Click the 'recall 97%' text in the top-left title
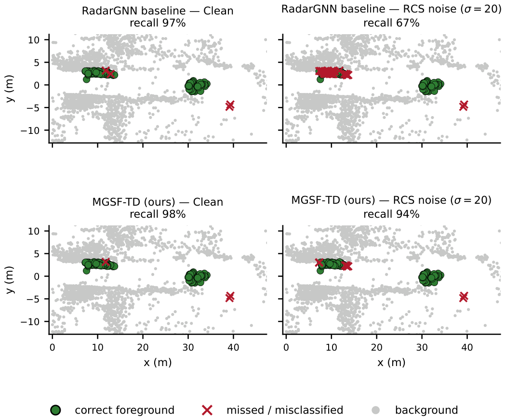(x=158, y=23)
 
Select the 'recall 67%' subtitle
(x=391, y=23)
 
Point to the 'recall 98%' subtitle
(x=158, y=214)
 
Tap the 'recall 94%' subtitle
(x=391, y=214)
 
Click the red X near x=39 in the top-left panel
(x=230, y=105)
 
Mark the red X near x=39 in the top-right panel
(x=464, y=105)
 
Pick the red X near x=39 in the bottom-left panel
(x=230, y=297)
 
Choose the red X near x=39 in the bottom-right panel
(x=464, y=297)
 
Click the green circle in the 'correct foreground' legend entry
(x=56, y=410)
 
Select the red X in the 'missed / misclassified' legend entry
(x=207, y=410)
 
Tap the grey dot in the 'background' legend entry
(x=375, y=410)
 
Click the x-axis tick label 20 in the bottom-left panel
(x=143, y=348)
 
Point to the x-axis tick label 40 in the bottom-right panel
(x=467, y=348)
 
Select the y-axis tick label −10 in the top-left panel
(x=30, y=131)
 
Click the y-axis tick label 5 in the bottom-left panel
(x=37, y=254)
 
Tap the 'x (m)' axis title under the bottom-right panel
(x=391, y=363)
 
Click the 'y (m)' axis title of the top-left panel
(x=10, y=89)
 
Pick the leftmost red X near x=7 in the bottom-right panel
(x=319, y=262)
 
